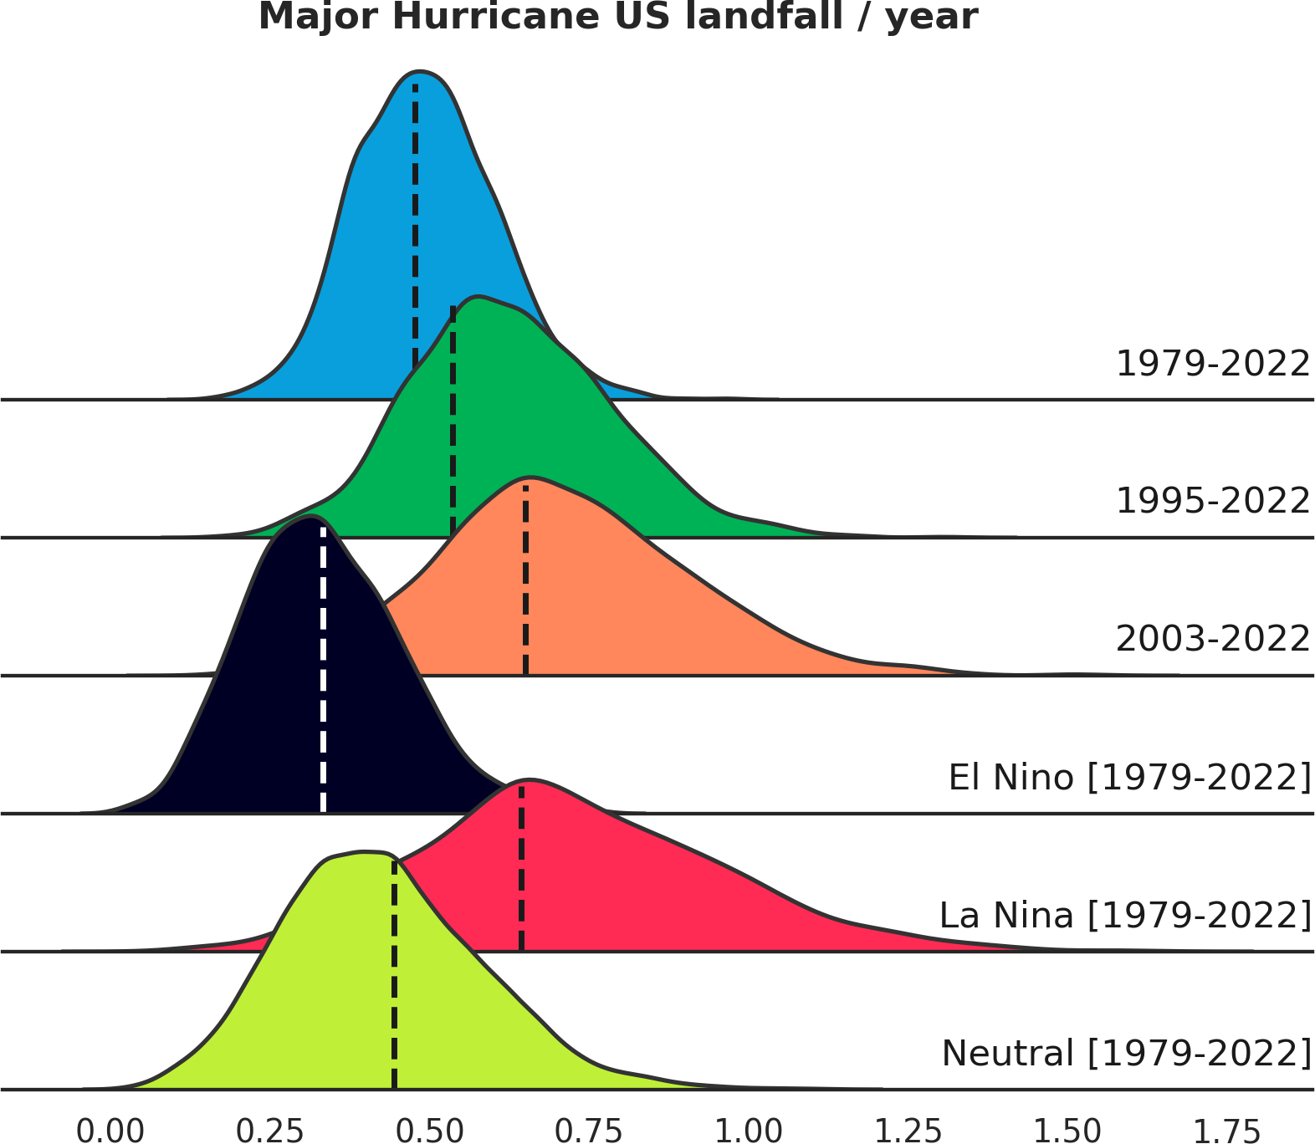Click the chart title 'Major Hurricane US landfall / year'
pos(617,17)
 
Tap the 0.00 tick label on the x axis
pos(110,1131)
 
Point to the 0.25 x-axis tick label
pos(270,1131)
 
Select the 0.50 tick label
pos(430,1131)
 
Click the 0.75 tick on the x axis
pos(589,1131)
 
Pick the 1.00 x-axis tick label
pos(749,1131)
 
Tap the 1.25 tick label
pos(908,1131)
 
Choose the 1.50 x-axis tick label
pos(1067,1131)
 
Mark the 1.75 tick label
pos(1226,1131)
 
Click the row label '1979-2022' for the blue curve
pos(1213,364)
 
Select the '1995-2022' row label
pos(1213,501)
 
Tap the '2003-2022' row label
pos(1213,639)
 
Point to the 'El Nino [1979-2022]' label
pos(1129,778)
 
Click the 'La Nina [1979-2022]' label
pos(1125,916)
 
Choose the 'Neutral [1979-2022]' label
pos(1127,1054)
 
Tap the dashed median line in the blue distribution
pos(415,226)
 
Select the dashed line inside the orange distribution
pos(525,579)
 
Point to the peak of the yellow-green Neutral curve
pos(364,852)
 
